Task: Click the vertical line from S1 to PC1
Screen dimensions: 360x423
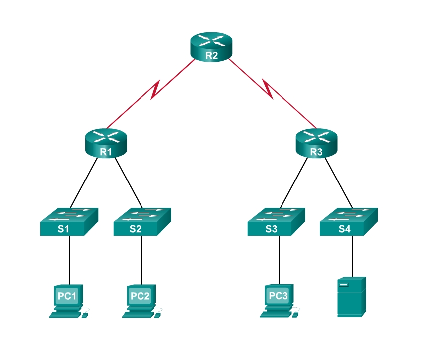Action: (69, 259)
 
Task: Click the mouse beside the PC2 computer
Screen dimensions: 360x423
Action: (158, 314)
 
